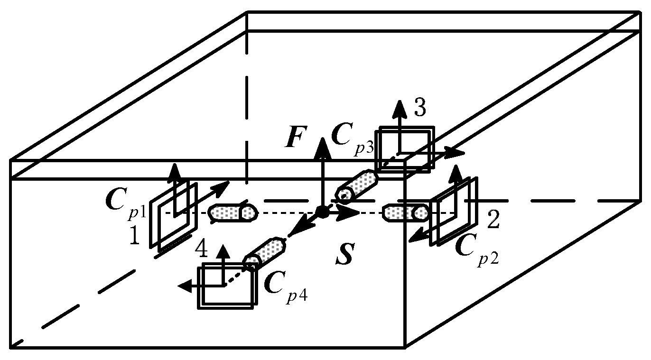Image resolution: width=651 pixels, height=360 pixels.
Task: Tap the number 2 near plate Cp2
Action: pyautogui.click(x=493, y=221)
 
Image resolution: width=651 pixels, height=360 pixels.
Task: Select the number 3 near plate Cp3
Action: pyautogui.click(x=419, y=109)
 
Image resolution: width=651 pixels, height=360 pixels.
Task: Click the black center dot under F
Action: pyautogui.click(x=323, y=212)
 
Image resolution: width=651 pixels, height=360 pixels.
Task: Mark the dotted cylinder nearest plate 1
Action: pyautogui.click(x=233, y=213)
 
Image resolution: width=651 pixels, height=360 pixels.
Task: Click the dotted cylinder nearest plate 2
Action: pyautogui.click(x=406, y=213)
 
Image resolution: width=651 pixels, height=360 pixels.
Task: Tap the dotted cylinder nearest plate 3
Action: pyautogui.click(x=357, y=185)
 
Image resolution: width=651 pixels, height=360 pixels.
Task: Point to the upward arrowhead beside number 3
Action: pyautogui.click(x=400, y=108)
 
